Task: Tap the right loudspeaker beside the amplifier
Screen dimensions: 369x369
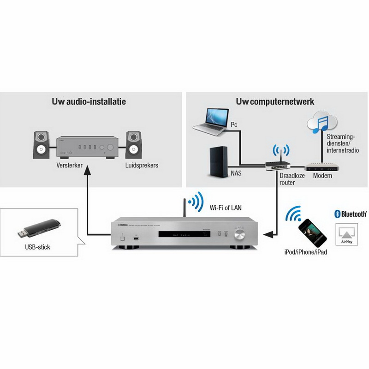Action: click(x=134, y=144)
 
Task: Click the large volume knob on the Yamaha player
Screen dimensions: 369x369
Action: click(x=240, y=235)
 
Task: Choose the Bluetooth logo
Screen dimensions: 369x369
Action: click(x=351, y=214)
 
